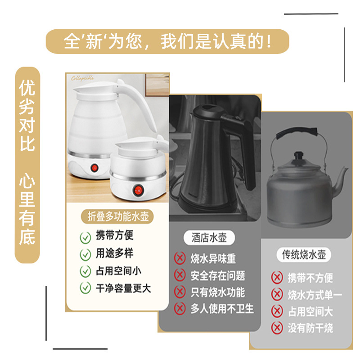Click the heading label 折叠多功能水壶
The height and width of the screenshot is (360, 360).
click(118, 217)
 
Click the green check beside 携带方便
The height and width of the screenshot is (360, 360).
click(85, 237)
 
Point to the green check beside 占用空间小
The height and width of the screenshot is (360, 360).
click(85, 271)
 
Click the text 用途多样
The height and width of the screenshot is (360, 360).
click(114, 254)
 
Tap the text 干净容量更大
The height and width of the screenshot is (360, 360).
click(123, 288)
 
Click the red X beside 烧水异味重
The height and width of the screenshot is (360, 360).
click(180, 258)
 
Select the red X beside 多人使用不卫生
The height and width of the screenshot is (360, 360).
click(180, 308)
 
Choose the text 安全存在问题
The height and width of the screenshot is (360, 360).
click(218, 275)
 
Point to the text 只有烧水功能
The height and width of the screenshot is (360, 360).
click(218, 292)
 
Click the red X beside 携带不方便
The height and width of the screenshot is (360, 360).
click(277, 278)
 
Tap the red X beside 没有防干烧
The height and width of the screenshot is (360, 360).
click(277, 328)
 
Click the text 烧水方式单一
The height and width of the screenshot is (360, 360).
click(315, 295)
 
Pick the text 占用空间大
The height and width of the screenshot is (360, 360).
click(310, 311)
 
